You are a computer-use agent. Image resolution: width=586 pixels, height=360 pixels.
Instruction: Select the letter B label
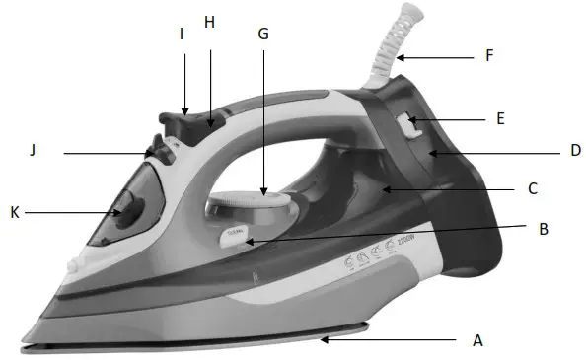541,230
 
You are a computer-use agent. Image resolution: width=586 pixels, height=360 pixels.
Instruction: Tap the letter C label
532,187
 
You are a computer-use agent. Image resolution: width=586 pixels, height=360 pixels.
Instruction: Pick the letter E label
501,118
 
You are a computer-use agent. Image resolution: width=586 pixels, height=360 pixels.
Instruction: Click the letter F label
489,57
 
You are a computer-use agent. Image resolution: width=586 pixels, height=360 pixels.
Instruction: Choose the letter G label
261,33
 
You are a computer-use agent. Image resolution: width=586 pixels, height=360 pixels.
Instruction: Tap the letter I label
182,34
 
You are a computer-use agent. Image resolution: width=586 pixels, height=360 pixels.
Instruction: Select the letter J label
33,151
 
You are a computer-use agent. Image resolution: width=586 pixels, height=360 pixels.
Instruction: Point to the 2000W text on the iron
398,243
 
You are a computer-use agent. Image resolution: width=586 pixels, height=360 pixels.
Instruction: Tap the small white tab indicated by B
237,236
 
